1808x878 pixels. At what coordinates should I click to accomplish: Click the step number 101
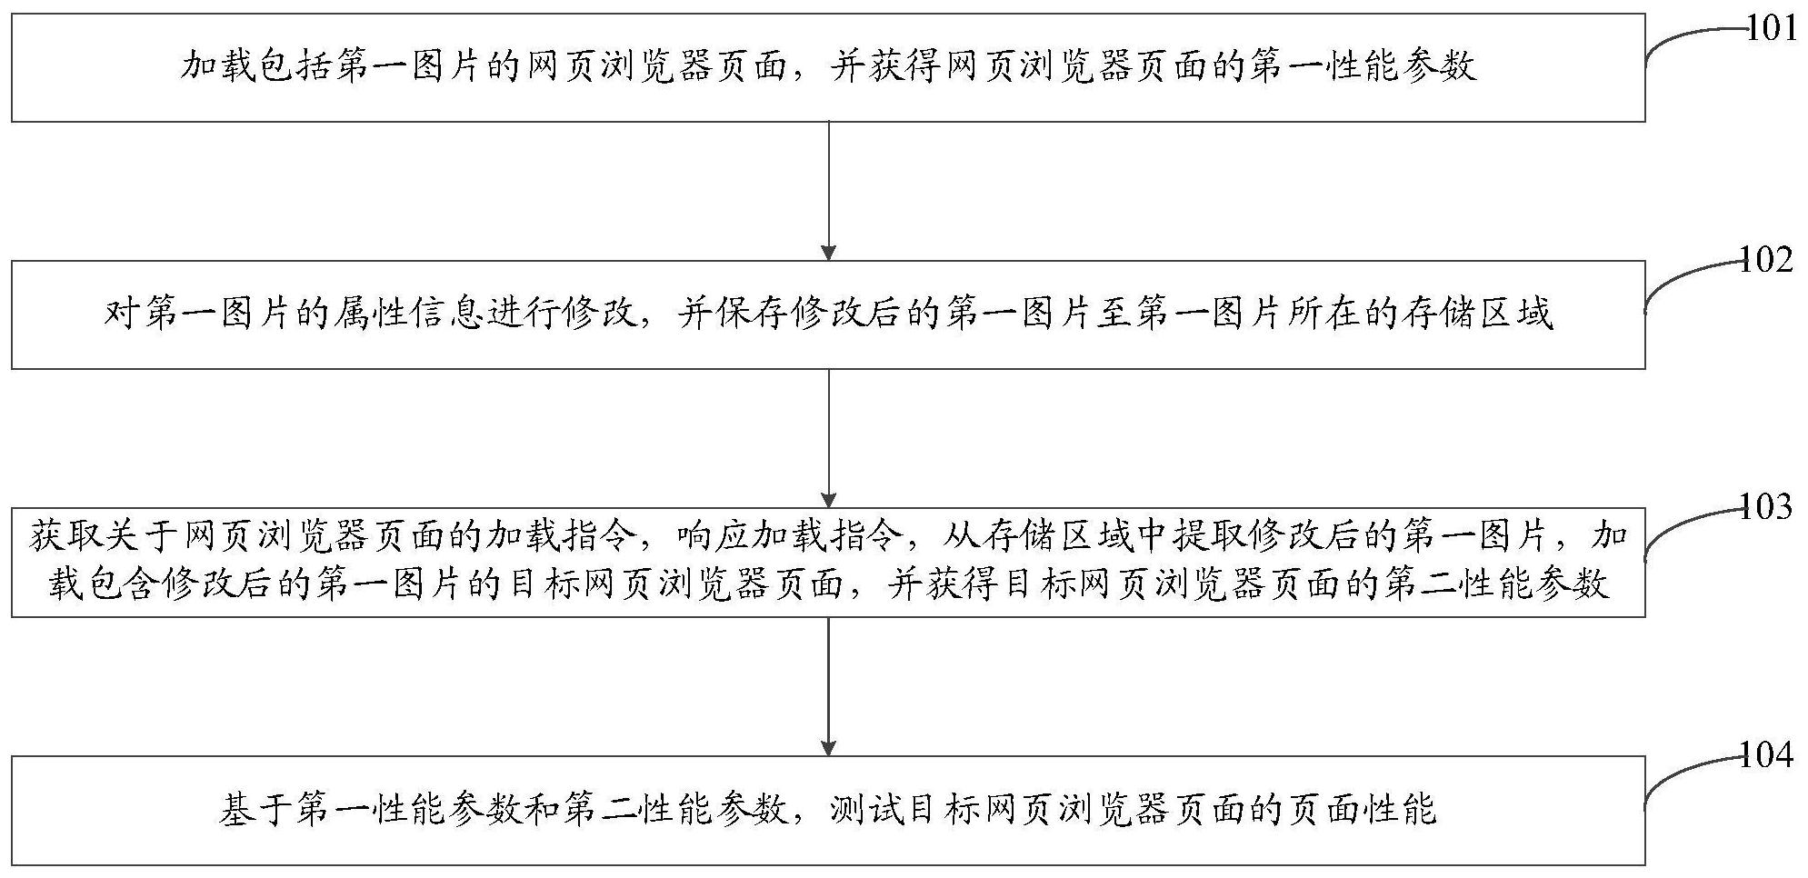1773,28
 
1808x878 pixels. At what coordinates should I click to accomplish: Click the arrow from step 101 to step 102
828,191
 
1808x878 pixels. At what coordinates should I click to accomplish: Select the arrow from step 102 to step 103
828,438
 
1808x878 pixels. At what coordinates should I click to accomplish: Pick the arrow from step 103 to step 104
828,686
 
